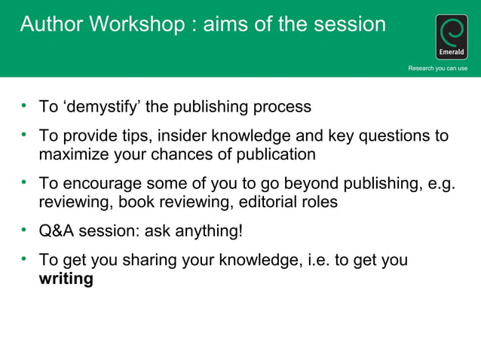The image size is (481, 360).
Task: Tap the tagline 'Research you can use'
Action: pos(437,69)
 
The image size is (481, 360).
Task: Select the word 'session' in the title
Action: pos(346,24)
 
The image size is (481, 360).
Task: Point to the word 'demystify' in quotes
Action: pos(102,107)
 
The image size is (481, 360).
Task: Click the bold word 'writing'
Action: pos(66,279)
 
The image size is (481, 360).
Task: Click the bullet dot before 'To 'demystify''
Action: pos(24,105)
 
